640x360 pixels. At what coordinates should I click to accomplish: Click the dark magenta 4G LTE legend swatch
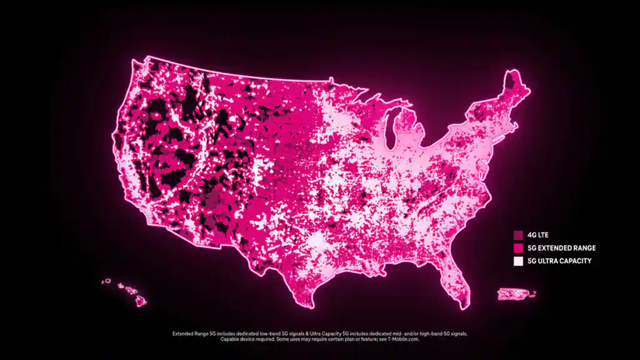coord(517,234)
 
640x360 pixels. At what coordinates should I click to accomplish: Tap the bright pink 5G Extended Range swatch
coord(517,247)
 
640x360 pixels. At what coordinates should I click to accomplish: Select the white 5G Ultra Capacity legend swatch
coord(517,261)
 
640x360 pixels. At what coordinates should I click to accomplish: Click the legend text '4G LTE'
coord(538,234)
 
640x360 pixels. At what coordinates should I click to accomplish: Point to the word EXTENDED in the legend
coord(556,247)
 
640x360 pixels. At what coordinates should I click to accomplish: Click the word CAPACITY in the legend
coord(574,261)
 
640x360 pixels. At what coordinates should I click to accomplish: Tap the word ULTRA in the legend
coord(547,261)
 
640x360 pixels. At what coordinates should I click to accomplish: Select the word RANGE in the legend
coord(585,247)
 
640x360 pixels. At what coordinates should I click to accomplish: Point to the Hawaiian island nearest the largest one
coord(133,289)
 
